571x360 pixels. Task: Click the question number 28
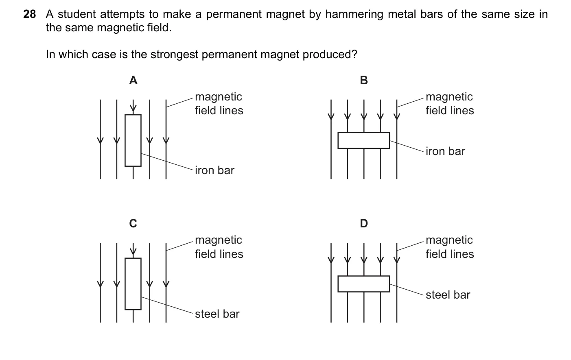pos(29,14)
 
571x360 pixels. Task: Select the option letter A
pos(133,81)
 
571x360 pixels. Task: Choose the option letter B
pos(364,81)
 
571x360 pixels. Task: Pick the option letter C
pos(133,223)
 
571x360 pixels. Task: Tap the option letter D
pos(364,223)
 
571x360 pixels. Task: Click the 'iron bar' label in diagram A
pos(214,170)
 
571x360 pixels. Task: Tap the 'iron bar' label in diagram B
pos(445,151)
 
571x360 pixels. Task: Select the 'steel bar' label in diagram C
pos(217,314)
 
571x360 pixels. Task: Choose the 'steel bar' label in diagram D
pos(448,295)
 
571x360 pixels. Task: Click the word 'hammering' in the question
pos(354,15)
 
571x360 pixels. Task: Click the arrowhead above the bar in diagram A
pos(133,108)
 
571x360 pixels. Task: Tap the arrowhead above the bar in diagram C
pos(133,251)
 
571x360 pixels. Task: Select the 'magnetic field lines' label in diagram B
pos(450,104)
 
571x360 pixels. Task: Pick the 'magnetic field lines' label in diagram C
pos(219,247)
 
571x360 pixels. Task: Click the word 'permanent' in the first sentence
pos(234,15)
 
